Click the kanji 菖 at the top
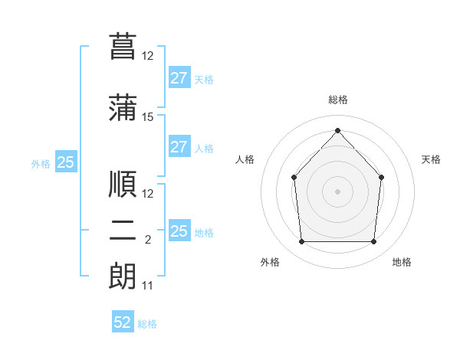(x=123, y=46)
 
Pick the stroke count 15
(x=148, y=117)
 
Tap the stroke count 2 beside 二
(x=148, y=240)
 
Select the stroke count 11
(x=148, y=286)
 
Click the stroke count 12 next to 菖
(x=148, y=56)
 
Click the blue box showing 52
(x=123, y=322)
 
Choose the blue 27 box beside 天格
(x=179, y=78)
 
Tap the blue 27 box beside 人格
(x=179, y=147)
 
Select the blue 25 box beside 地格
(x=179, y=231)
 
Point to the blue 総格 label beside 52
(x=147, y=324)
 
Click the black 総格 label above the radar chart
(x=337, y=100)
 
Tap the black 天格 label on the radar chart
(x=431, y=159)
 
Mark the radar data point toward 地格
(x=374, y=242)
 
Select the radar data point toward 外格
(x=301, y=242)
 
